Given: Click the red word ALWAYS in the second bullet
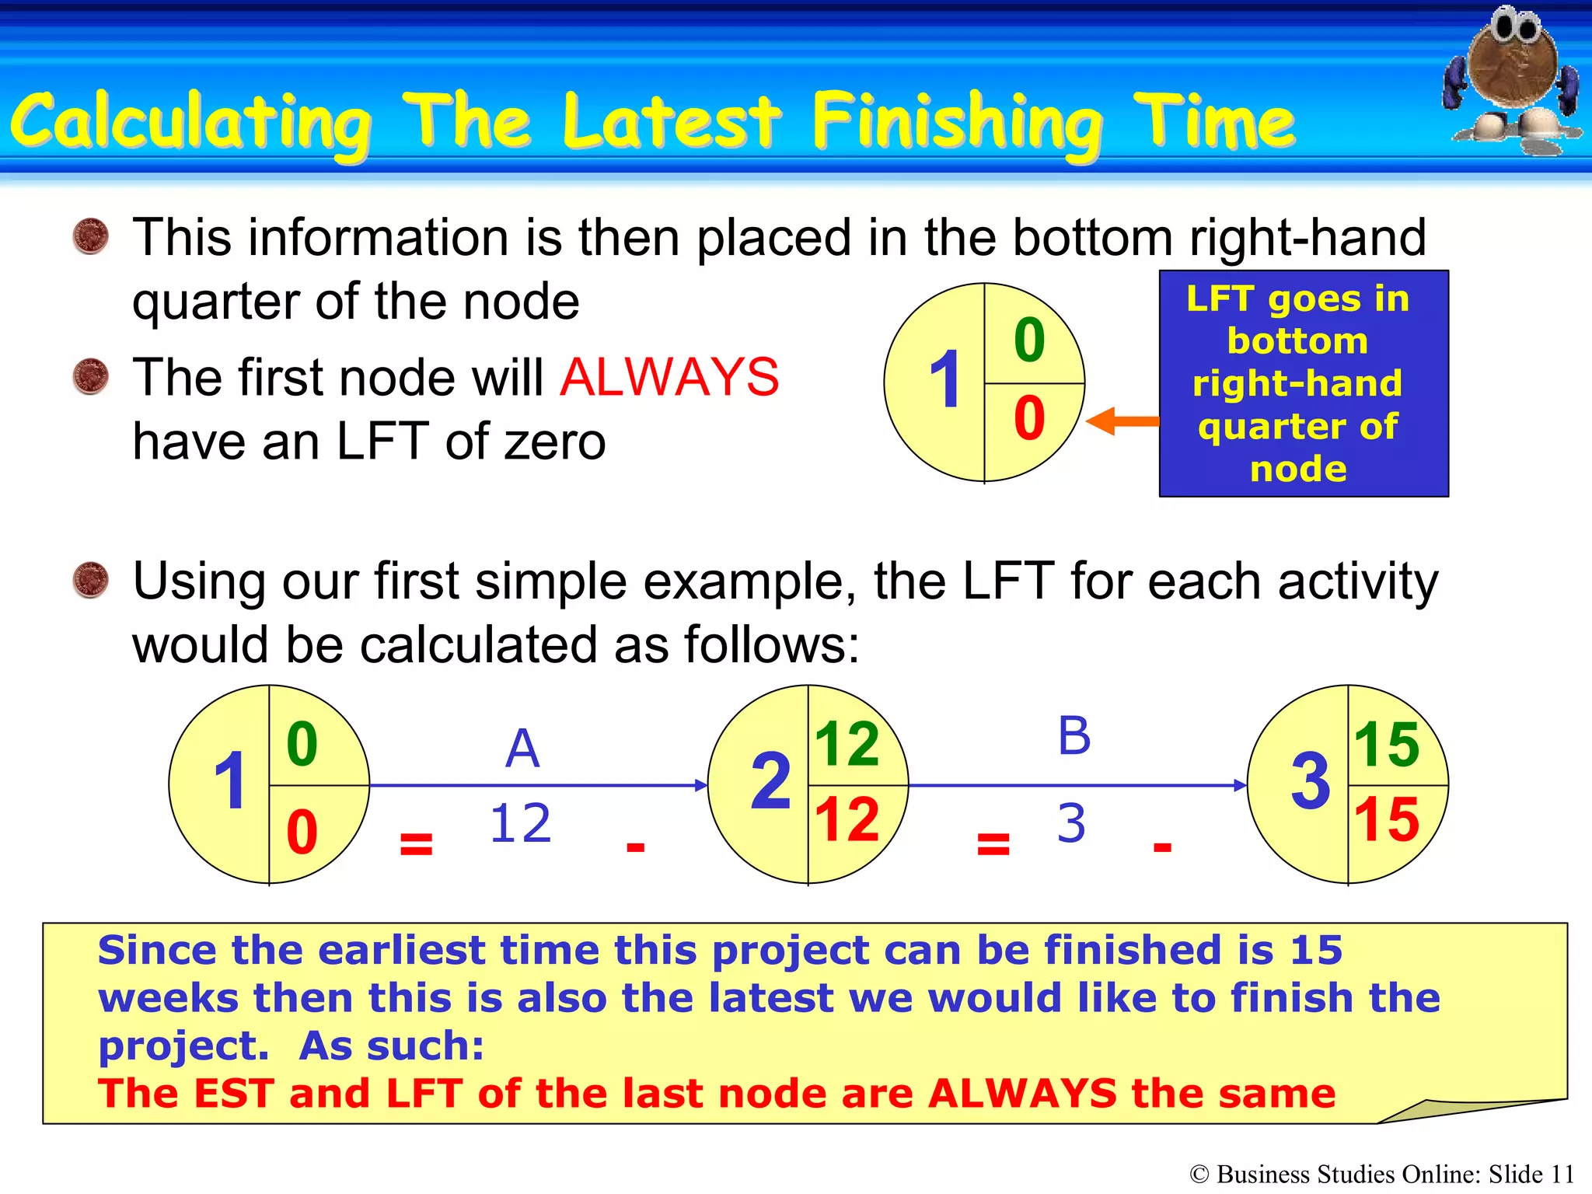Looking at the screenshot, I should tap(669, 378).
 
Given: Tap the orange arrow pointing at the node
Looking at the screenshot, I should tap(1121, 421).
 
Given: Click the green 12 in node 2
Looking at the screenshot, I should tap(847, 744).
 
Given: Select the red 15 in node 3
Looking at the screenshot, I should tap(1386, 820).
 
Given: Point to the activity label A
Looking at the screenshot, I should tap(522, 749).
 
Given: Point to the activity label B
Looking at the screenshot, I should tap(1074, 735).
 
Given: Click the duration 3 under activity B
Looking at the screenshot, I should tap(1071, 823).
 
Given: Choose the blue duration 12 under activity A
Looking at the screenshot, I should tap(520, 823).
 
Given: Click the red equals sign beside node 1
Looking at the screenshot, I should tap(416, 843).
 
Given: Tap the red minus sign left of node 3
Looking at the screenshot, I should tap(1162, 847).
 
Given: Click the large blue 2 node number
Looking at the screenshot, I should tap(770, 782).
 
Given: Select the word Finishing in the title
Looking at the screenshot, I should tap(956, 123).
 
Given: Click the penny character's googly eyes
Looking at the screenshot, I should tap(1515, 28).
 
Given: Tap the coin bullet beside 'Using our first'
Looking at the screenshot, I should tap(91, 580).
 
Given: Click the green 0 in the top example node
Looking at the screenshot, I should tap(1029, 340).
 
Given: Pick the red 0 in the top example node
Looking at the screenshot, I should tap(1029, 418).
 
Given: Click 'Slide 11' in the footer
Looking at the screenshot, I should tap(1531, 1174).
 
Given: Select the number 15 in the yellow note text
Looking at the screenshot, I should tap(1316, 950).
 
